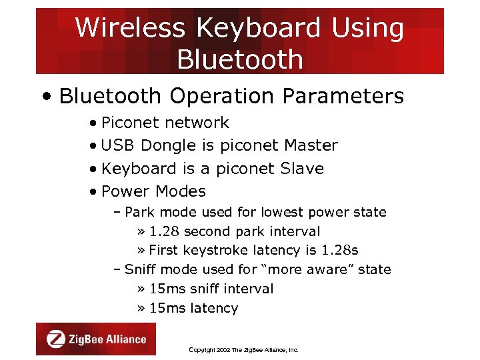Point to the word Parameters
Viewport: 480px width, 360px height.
[x=343, y=96]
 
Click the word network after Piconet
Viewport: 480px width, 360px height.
[x=197, y=123]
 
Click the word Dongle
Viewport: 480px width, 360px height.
[x=169, y=145]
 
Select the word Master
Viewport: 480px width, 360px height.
[x=311, y=145]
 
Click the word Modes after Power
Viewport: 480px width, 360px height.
[x=180, y=191]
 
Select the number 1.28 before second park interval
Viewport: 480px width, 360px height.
[x=164, y=231]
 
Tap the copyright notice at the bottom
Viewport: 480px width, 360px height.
[x=243, y=350]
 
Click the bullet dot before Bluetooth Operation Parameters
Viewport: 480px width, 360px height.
[x=45, y=97]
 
